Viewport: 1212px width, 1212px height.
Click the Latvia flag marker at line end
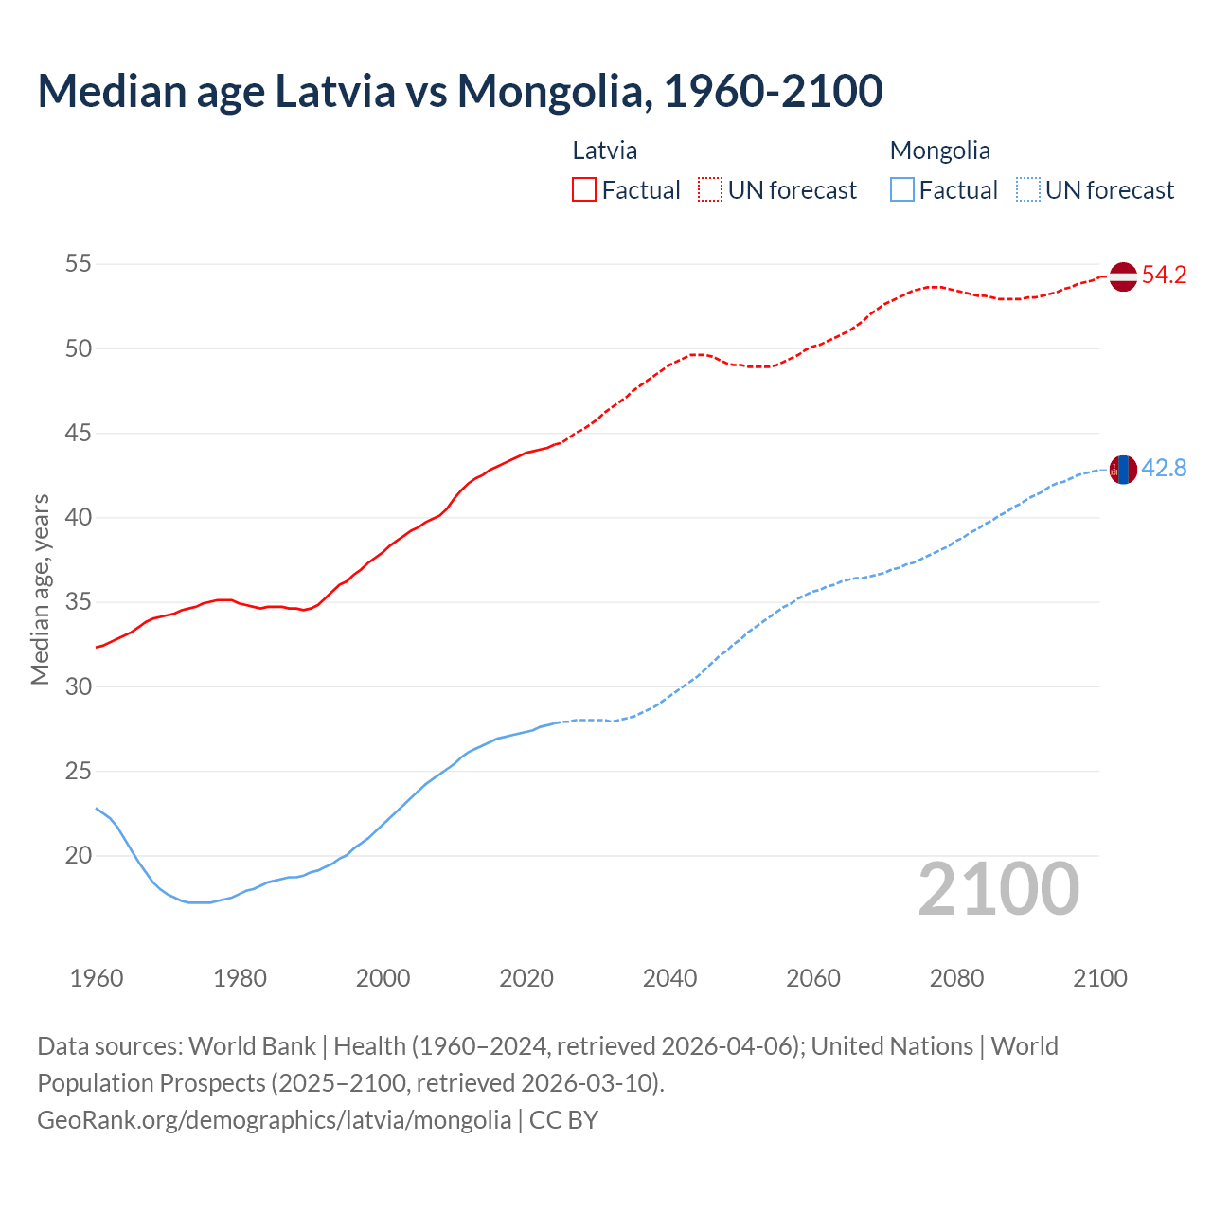click(x=1123, y=276)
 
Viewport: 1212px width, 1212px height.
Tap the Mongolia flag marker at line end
click(x=1123, y=470)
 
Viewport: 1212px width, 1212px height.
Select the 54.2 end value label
click(x=1164, y=276)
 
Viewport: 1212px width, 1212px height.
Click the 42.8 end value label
click(x=1164, y=469)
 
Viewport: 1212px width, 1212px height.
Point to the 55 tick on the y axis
click(x=79, y=264)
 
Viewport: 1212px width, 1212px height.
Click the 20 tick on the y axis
click(x=79, y=856)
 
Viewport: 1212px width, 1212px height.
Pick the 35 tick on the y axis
click(x=79, y=602)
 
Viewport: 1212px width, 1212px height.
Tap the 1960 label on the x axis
click(x=97, y=978)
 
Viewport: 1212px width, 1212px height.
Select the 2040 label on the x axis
click(x=669, y=978)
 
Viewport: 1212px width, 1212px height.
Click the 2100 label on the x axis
click(x=1099, y=978)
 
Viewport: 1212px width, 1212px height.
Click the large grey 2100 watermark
click(x=998, y=889)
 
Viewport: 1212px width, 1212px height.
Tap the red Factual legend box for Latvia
click(x=584, y=190)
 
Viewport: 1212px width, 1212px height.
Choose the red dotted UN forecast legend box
click(x=710, y=190)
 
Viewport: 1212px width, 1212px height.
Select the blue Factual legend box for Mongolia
click(x=902, y=190)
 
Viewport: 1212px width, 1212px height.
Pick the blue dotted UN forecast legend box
click(x=1027, y=190)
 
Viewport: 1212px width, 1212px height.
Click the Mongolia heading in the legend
click(x=939, y=151)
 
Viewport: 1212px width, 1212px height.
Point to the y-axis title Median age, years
click(x=40, y=589)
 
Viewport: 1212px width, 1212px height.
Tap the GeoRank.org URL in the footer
click(x=274, y=1120)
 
